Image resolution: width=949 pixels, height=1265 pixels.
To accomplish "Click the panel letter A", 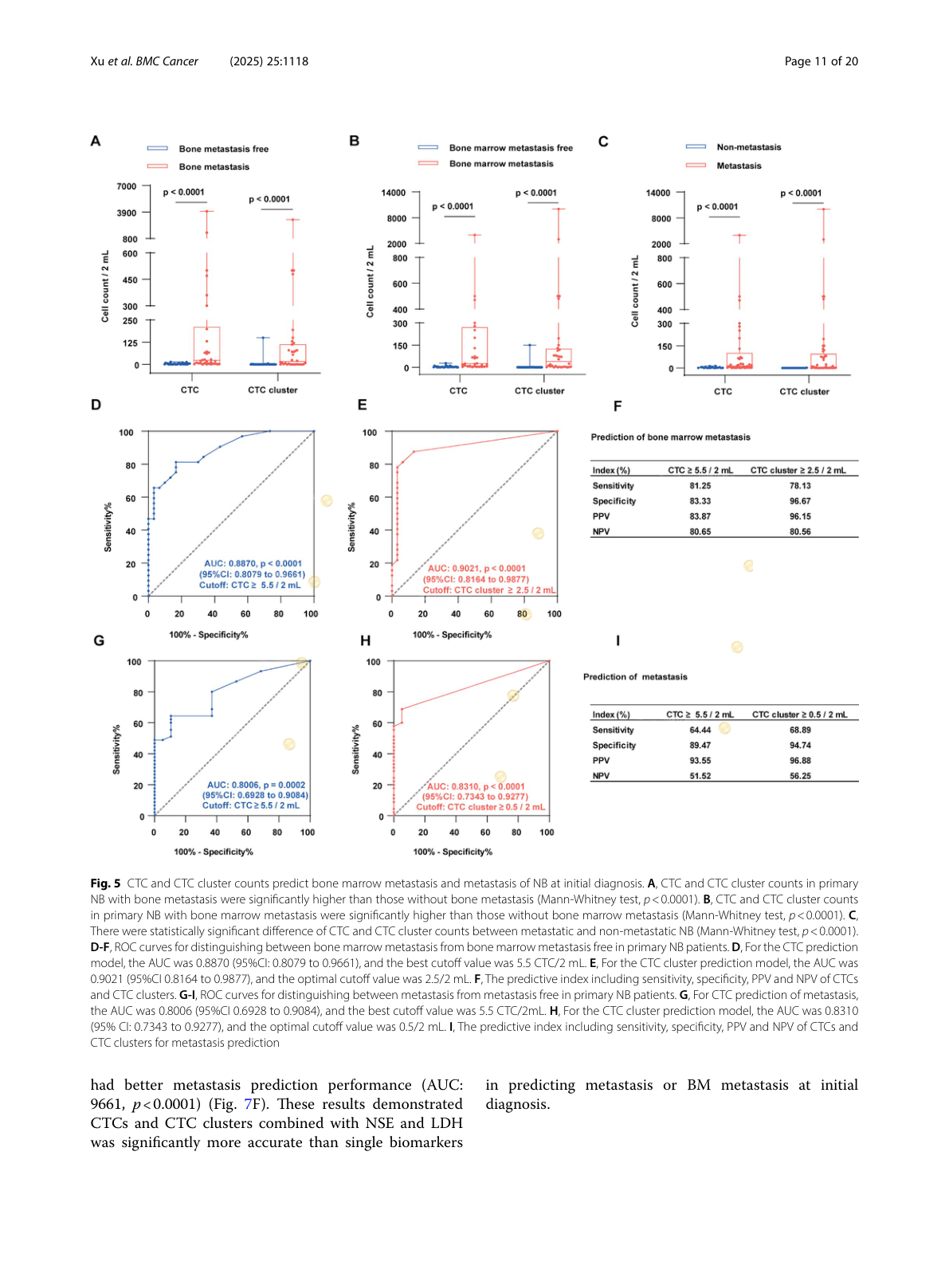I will pyautogui.click(x=96, y=141).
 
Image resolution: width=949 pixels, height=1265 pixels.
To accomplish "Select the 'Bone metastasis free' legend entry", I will pyautogui.click(x=223, y=149).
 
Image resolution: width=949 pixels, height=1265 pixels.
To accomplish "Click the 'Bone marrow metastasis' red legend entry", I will pyautogui.click(x=500, y=164).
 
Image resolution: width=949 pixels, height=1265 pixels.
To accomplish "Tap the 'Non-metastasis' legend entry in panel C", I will pyautogui.click(x=748, y=147).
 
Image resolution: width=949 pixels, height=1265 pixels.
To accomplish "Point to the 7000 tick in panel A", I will pyautogui.click(x=127, y=186).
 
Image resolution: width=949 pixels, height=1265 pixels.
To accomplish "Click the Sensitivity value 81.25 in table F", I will pyautogui.click(x=700, y=486).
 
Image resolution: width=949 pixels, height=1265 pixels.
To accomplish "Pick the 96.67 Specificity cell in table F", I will pyautogui.click(x=800, y=501).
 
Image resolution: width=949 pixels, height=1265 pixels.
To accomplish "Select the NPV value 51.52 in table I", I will pyautogui.click(x=700, y=776).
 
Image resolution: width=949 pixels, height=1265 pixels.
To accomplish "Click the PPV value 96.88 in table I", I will pyautogui.click(x=800, y=761).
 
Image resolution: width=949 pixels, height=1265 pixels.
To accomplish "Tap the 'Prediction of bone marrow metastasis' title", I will pyautogui.click(x=670, y=437).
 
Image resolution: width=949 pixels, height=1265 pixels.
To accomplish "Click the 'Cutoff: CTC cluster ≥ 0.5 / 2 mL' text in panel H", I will pyautogui.click(x=480, y=807).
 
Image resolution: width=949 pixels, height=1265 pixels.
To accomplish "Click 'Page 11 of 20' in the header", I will pyautogui.click(x=821, y=61).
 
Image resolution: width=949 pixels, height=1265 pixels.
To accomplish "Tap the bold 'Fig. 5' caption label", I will pyautogui.click(x=105, y=883).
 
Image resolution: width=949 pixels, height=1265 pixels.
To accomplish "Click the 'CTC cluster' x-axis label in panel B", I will pyautogui.click(x=539, y=391).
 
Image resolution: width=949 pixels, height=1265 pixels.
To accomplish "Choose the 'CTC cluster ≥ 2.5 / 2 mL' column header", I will pyautogui.click(x=798, y=471).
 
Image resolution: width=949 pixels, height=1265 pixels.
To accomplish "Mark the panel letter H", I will pyautogui.click(x=366, y=641).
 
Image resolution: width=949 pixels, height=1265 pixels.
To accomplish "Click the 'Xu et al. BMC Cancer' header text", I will pyautogui.click(x=144, y=61).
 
